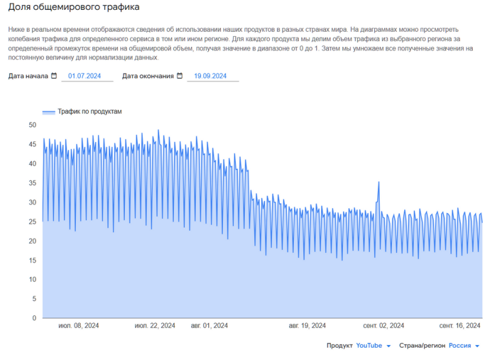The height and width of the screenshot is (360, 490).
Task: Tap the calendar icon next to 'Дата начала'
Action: tap(54, 76)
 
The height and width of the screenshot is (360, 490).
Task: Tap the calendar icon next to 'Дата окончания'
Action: tap(179, 76)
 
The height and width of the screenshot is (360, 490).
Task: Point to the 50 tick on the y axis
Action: tap(32, 125)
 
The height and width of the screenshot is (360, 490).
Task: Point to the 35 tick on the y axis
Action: tap(32, 183)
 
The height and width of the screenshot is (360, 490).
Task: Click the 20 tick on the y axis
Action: tap(32, 241)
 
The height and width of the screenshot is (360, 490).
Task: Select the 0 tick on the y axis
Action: tap(34, 318)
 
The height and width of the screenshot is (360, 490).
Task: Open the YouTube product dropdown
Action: tap(373, 346)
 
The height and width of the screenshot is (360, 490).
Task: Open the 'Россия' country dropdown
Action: tap(464, 346)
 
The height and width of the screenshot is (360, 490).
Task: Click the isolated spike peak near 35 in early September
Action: tap(379, 182)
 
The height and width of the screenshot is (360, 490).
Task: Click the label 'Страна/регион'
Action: tap(422, 346)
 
